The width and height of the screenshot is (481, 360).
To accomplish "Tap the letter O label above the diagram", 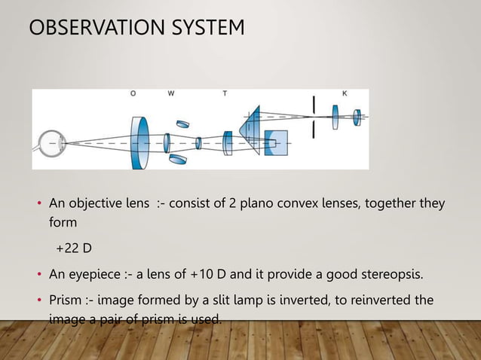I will (x=133, y=94).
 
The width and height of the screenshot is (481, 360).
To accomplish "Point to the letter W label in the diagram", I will (x=171, y=94).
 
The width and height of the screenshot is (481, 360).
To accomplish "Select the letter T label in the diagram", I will (x=225, y=94).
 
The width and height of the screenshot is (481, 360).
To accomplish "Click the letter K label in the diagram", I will (x=345, y=94).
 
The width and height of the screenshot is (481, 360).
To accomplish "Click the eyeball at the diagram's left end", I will (x=51, y=142).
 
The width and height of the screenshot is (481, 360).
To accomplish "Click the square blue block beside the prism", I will (x=276, y=143).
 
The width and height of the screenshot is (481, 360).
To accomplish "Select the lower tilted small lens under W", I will (x=178, y=159).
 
